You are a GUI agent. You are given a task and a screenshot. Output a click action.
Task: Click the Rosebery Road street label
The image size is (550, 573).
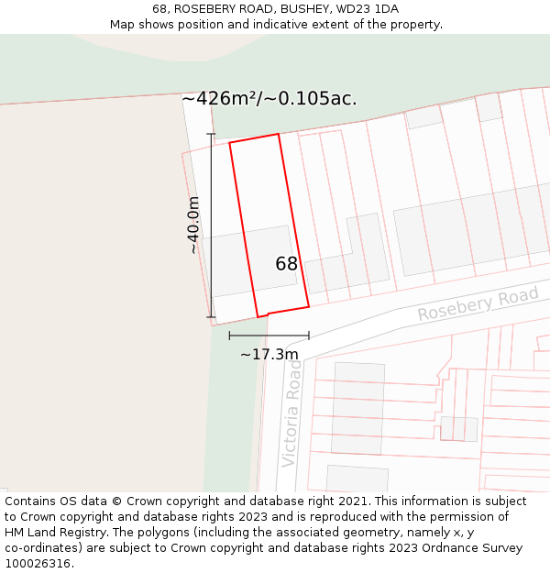pyautogui.click(x=478, y=303)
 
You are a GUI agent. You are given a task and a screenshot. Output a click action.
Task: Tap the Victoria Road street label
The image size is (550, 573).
pyautogui.click(x=291, y=413)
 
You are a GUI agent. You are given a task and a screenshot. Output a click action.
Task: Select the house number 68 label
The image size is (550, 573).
pyautogui.click(x=287, y=264)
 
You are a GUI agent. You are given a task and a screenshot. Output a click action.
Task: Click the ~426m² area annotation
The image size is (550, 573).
pyautogui.click(x=269, y=99)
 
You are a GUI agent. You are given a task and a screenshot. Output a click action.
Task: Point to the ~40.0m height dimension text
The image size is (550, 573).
pyautogui.click(x=192, y=225)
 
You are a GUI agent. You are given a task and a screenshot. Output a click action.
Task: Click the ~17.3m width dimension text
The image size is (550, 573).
pyautogui.click(x=269, y=354)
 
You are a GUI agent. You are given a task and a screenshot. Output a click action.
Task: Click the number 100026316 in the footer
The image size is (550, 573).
pyautogui.click(x=38, y=564)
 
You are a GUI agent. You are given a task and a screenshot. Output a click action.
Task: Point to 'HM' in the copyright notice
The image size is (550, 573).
pyautogui.click(x=15, y=533)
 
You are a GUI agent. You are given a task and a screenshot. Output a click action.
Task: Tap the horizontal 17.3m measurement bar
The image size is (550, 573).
pyautogui.click(x=269, y=336)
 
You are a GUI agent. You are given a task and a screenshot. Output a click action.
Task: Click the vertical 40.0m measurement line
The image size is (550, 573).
pyautogui.click(x=211, y=226)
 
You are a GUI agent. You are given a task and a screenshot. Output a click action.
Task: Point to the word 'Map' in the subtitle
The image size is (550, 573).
pyautogui.click(x=123, y=24)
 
